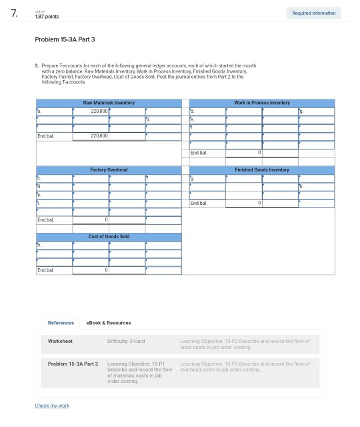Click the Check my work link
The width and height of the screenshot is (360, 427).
tap(52, 406)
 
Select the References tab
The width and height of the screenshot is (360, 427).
tap(61, 322)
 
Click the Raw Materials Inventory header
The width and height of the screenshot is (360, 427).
tap(108, 103)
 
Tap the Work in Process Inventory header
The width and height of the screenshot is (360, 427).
tap(262, 103)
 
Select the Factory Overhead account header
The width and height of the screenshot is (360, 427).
tap(108, 169)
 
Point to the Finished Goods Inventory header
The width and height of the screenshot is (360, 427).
tap(262, 169)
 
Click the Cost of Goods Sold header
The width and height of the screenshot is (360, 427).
tap(108, 236)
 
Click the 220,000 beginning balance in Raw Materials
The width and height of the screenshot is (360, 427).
tap(99, 110)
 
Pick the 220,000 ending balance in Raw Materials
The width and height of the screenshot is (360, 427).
tap(99, 135)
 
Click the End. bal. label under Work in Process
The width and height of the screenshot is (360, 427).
tap(199, 152)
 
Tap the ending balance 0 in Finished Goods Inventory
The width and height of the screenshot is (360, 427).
tap(258, 202)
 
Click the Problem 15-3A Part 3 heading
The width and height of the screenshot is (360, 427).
tap(65, 39)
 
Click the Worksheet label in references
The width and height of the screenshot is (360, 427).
tap(61, 342)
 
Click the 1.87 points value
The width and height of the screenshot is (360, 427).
tap(47, 17)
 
